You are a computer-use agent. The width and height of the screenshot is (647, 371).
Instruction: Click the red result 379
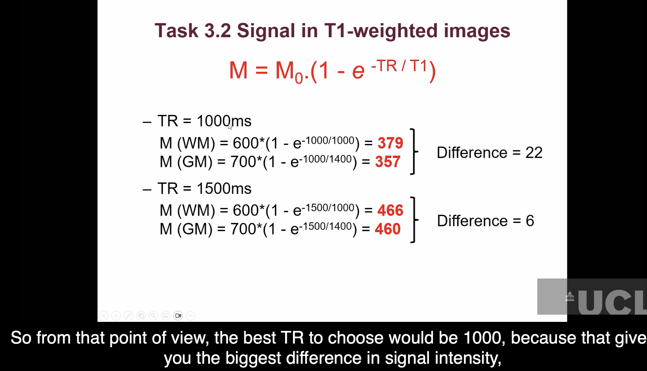click(x=390, y=143)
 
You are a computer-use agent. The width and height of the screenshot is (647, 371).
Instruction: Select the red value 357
click(x=388, y=162)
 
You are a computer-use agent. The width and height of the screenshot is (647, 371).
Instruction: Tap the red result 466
click(x=390, y=210)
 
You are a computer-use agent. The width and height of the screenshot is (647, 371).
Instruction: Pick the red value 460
click(x=388, y=229)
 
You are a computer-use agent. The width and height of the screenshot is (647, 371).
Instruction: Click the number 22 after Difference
click(x=534, y=153)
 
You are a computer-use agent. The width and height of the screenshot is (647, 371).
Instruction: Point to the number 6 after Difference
click(x=530, y=221)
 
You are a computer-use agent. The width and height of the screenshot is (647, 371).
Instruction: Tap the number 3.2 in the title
click(x=217, y=31)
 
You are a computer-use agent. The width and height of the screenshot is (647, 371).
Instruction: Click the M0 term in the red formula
click(x=289, y=72)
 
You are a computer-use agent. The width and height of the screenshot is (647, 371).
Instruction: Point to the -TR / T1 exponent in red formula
click(x=399, y=66)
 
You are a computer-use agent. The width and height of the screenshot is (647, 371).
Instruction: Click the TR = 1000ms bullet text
click(x=204, y=121)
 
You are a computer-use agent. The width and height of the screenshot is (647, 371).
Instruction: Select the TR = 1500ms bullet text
click(x=204, y=189)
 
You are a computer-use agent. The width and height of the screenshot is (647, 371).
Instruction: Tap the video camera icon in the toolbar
click(x=178, y=316)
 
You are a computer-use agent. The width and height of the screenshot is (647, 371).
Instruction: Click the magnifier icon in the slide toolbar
click(x=153, y=316)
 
